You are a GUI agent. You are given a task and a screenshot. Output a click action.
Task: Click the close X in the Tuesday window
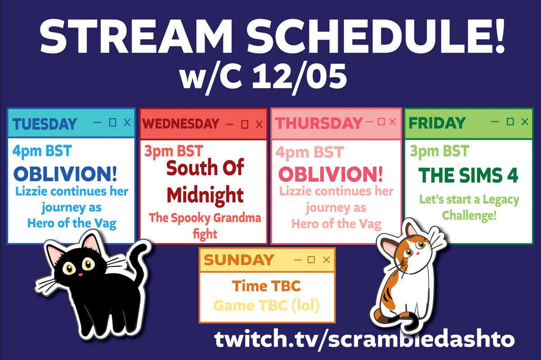pos(127,122)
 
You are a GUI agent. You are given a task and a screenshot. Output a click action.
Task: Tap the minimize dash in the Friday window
pos(495,121)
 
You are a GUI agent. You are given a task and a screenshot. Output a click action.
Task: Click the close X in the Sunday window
pos(327,259)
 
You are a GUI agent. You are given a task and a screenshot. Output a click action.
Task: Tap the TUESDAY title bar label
pos(44,123)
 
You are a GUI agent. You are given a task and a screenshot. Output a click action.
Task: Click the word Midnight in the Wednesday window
pos(205,195)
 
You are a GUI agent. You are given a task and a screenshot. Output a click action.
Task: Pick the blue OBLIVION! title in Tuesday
pos(65,174)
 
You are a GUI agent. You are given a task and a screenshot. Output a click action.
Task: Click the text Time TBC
pos(266,286)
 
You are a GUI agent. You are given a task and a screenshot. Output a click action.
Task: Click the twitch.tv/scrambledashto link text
pos(364,339)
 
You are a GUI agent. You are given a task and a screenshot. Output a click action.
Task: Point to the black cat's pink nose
pos(79,274)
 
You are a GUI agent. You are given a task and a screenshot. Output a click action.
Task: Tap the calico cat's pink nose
pos(417,254)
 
